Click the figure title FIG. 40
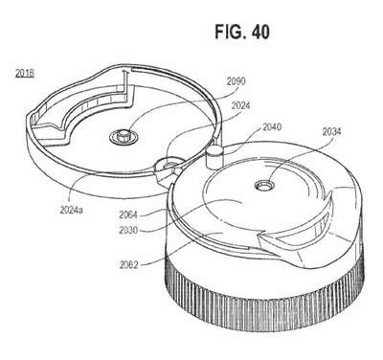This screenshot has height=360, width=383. click(242, 33)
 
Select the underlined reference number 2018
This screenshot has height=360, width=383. click(25, 74)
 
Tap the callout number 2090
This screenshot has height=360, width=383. click(237, 81)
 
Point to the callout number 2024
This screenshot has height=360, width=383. click(240, 105)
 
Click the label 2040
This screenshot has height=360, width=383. click(272, 127)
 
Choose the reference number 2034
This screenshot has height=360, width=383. click(331, 131)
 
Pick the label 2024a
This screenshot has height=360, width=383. click(71, 211)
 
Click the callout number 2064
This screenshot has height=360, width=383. click(128, 214)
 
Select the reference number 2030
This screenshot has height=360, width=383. click(128, 230)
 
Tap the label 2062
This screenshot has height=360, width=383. click(129, 265)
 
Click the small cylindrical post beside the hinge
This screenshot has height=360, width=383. click(214, 156)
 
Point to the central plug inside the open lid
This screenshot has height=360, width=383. click(124, 138)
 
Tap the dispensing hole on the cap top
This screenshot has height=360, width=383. click(264, 185)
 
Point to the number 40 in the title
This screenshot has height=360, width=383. click(260, 33)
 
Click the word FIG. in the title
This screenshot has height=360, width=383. click(231, 33)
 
